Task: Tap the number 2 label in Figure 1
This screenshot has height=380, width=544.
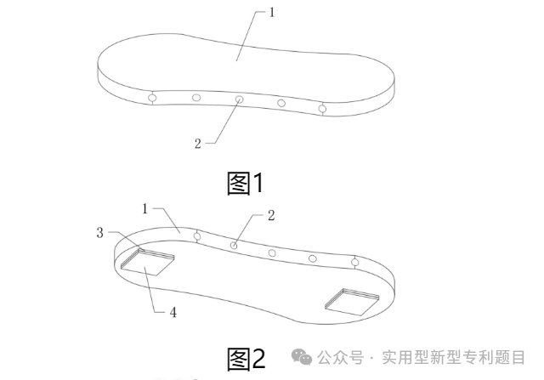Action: coord(197,143)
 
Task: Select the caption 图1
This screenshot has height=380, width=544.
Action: coord(246,183)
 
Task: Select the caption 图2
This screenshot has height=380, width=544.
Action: coord(246,359)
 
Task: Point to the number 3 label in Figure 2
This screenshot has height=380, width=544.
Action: coord(99,232)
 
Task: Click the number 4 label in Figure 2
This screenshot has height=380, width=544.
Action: coord(173,312)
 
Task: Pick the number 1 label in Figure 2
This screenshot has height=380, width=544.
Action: coord(145,208)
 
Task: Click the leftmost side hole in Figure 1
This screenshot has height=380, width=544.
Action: coord(153,99)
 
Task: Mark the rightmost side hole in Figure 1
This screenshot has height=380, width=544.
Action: coord(322,108)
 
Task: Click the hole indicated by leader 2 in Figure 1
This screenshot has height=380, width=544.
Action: coord(239,100)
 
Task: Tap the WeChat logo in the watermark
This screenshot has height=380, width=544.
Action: coord(302,358)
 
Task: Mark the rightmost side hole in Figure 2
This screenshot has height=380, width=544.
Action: coord(354,262)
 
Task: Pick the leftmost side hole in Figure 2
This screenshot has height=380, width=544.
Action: coord(196,236)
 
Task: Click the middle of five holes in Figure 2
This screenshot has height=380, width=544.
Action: coord(272,253)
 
